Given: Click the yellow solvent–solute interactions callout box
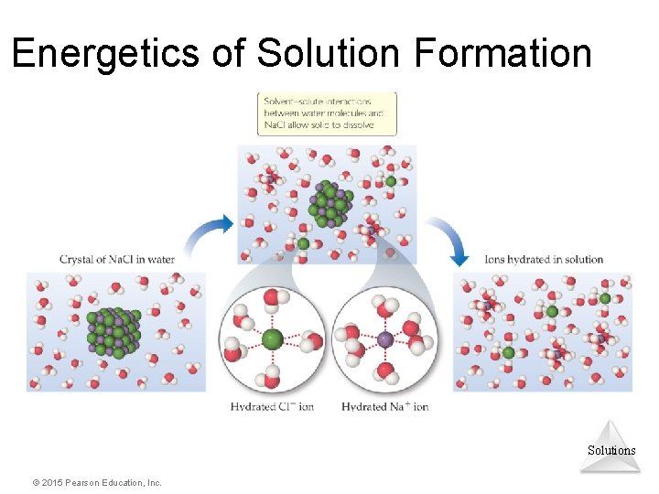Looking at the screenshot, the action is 327,113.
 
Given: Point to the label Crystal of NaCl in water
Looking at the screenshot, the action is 116,259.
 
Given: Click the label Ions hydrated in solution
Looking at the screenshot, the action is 544,259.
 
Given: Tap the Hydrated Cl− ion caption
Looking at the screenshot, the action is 272,406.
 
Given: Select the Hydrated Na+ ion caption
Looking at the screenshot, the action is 384,406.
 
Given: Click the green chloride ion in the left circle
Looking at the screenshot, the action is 272,339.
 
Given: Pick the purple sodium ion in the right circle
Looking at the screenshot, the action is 385,339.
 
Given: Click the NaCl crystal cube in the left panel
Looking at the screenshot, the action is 113,332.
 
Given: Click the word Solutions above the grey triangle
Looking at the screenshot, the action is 610,450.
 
